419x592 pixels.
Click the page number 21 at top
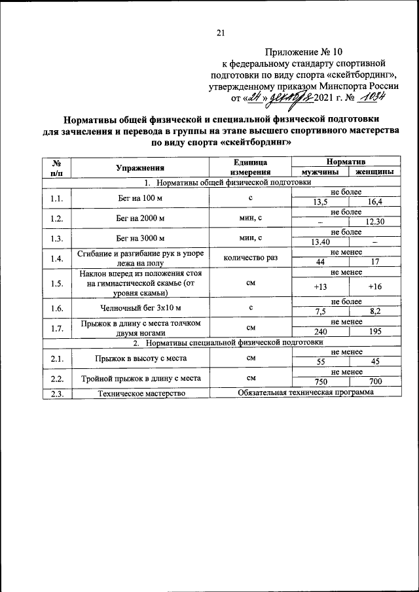220,33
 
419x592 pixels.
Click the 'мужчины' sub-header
320,173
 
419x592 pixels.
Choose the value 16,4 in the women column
374,202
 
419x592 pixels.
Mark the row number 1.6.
56,307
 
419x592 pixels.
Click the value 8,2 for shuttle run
374,312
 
